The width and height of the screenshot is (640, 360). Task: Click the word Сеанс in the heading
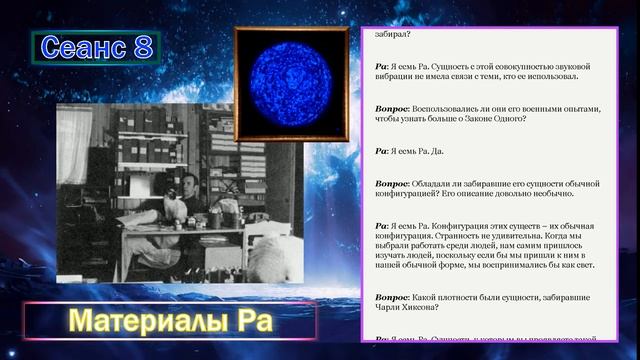coord(81,48)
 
